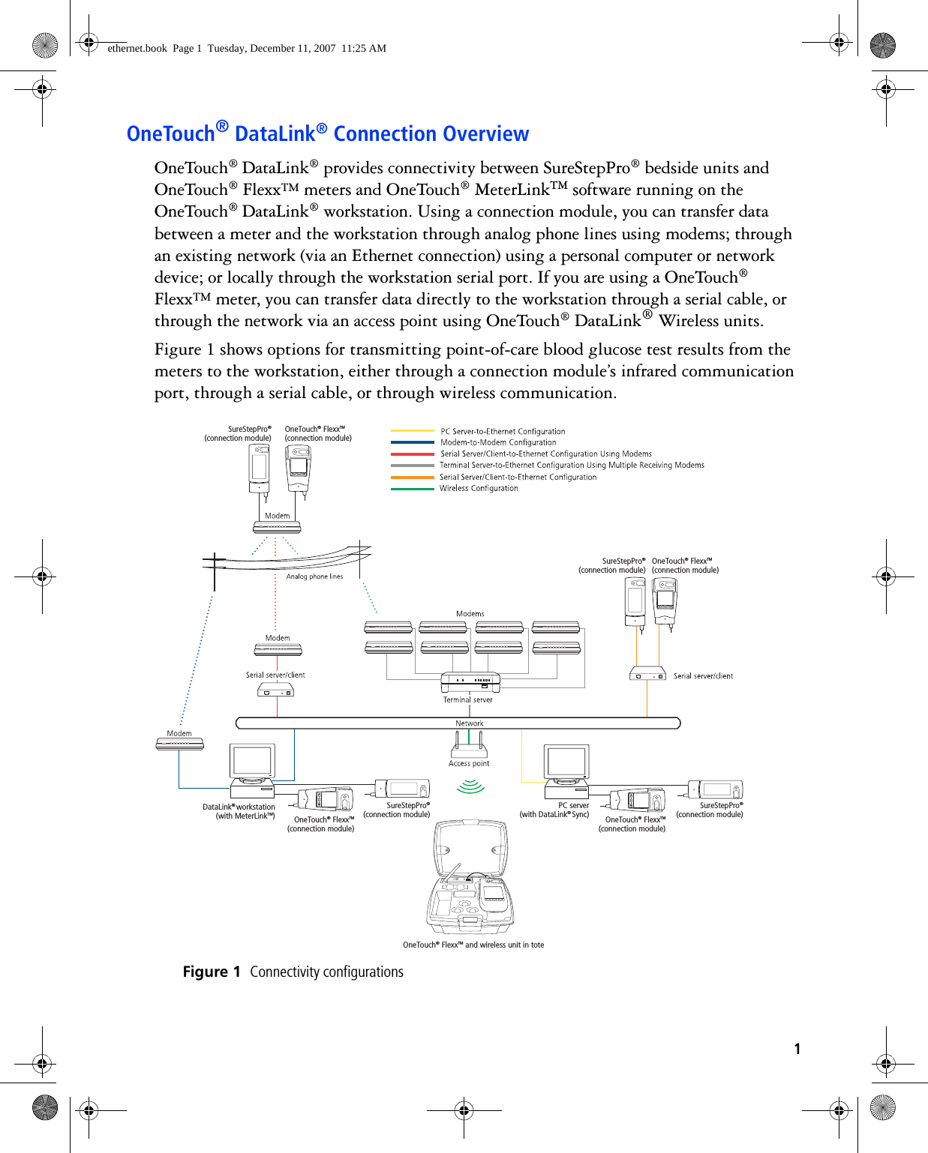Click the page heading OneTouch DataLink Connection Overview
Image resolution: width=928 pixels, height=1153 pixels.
pos(328,133)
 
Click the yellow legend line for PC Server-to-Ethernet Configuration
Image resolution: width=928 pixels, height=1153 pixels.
pos(413,431)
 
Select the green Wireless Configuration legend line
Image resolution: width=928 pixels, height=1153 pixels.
pos(413,489)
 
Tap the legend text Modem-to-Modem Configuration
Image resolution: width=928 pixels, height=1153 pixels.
pos(498,442)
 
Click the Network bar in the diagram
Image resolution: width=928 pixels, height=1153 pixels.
pos(458,723)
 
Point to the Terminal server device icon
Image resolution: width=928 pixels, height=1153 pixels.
pos(470,682)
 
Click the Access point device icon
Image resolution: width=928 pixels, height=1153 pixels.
pos(469,749)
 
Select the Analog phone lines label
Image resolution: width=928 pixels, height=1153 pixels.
pos(314,576)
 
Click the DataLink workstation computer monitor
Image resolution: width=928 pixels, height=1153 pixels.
pos(253,762)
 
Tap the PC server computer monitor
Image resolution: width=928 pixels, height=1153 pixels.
pos(566,762)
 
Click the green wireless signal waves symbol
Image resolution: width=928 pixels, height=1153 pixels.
pos(471,786)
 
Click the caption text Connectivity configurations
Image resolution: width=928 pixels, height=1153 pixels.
pos(326,972)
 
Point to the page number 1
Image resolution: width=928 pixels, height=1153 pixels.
pos(797,1049)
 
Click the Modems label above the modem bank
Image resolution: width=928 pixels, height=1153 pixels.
pos(470,614)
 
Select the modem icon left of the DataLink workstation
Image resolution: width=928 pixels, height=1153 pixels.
pos(180,744)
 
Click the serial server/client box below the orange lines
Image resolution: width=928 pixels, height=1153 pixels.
pos(647,674)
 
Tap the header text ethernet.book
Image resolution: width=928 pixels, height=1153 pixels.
pos(137,48)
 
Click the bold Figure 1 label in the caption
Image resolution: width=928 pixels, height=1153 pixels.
pos(211,972)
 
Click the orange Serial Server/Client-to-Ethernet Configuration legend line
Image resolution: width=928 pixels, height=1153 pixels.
pos(413,478)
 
